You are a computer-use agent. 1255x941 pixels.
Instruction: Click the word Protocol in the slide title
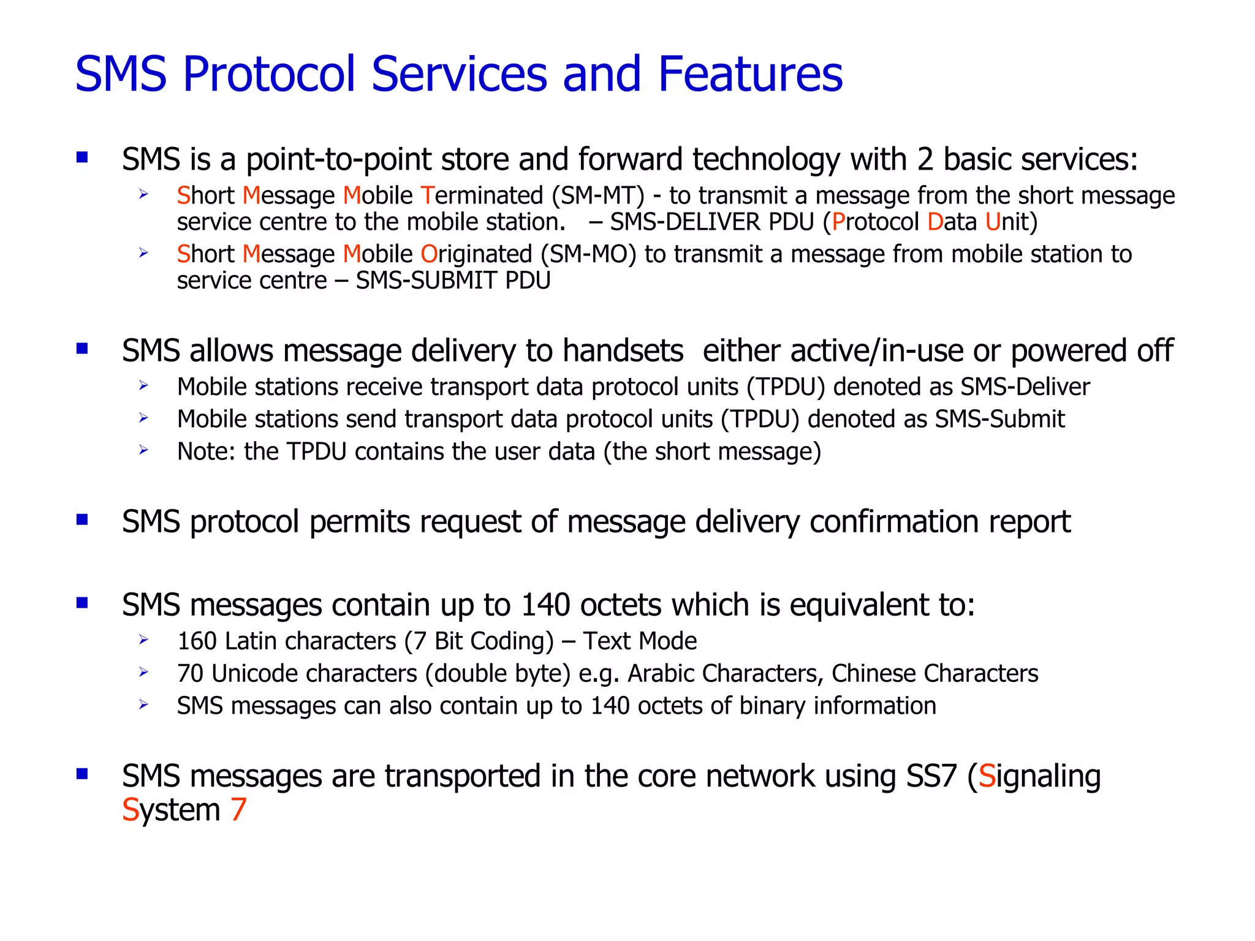(x=269, y=75)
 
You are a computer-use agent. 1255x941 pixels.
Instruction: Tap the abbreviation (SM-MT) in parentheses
(x=598, y=196)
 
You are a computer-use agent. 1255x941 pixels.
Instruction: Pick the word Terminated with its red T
(x=482, y=196)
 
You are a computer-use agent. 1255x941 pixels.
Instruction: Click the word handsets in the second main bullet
(x=623, y=352)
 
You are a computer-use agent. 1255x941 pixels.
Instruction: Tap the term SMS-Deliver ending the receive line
(x=1025, y=387)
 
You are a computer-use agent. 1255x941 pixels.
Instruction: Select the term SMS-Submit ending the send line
(x=999, y=420)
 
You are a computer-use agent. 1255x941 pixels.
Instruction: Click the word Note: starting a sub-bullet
(x=206, y=452)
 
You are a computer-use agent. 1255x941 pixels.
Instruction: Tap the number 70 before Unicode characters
(x=190, y=674)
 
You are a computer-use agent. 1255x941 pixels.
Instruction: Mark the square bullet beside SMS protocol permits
(x=82, y=520)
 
